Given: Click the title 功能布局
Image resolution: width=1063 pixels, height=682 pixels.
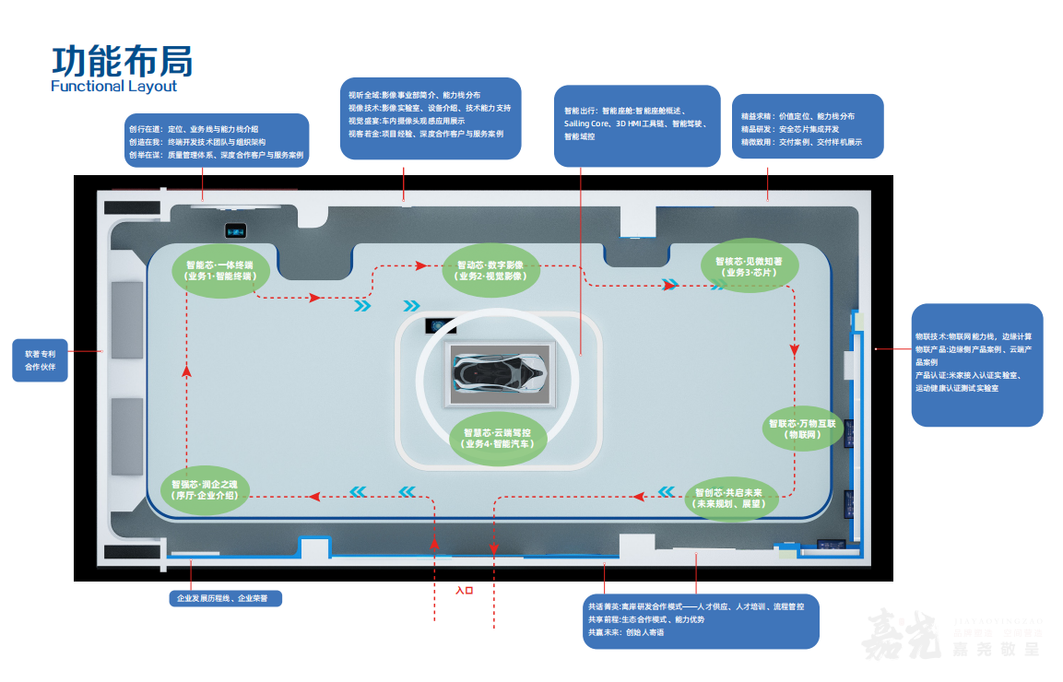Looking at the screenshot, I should tap(122, 60).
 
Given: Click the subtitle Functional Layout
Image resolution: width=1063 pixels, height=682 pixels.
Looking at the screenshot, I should tap(113, 87).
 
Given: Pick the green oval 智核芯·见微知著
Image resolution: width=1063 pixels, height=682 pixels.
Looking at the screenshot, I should tap(748, 266).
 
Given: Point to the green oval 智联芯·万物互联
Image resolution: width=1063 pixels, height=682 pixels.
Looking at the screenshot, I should tap(801, 429).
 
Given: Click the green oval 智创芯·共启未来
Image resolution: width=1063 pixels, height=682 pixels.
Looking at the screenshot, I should tap(734, 499).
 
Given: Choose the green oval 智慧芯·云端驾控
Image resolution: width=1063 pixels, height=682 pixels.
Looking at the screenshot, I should tap(498, 438).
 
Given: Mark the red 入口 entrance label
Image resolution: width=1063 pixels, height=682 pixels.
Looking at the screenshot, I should tap(464, 590).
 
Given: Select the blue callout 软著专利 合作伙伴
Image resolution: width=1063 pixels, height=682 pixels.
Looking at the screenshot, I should tap(40, 359).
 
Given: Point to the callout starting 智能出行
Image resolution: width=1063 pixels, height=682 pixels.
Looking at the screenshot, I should tap(637, 125).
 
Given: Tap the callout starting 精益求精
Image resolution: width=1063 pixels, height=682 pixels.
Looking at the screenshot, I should tap(807, 126).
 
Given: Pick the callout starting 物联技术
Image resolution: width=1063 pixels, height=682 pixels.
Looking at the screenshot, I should tap(976, 364).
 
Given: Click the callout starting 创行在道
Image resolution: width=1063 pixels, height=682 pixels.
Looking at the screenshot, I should tap(216, 142).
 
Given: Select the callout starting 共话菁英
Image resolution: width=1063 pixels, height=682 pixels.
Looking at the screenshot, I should tap(701, 619).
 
